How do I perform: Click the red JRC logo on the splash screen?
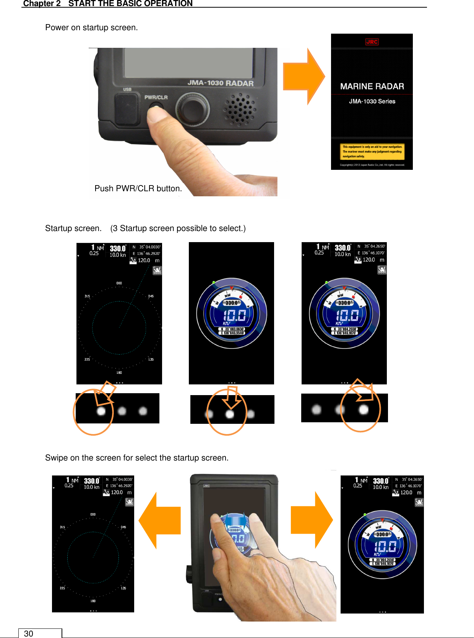click(372, 42)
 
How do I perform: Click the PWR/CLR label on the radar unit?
click(156, 97)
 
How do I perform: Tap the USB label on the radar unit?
click(127, 90)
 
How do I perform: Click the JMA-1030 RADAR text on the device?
click(221, 83)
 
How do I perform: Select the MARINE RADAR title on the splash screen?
click(372, 86)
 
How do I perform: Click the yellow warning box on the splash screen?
click(372, 151)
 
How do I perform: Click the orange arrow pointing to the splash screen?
click(304, 76)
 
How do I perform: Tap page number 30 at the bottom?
click(29, 634)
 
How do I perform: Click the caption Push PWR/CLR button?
click(138, 189)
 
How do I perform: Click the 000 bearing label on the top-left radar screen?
click(119, 283)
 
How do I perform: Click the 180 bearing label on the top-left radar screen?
click(119, 373)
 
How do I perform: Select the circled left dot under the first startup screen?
click(101, 411)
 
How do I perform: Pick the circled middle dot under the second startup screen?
click(230, 414)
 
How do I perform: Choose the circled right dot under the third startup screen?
click(364, 410)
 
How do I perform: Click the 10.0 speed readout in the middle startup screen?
click(234, 315)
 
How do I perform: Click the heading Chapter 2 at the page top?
click(42, 3)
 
